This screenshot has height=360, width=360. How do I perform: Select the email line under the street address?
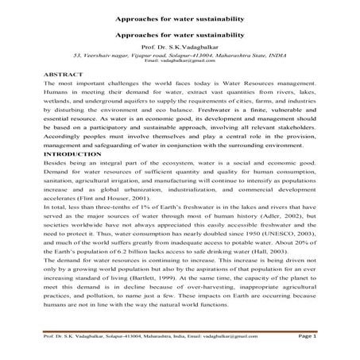pyautogui.click(x=180, y=61)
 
